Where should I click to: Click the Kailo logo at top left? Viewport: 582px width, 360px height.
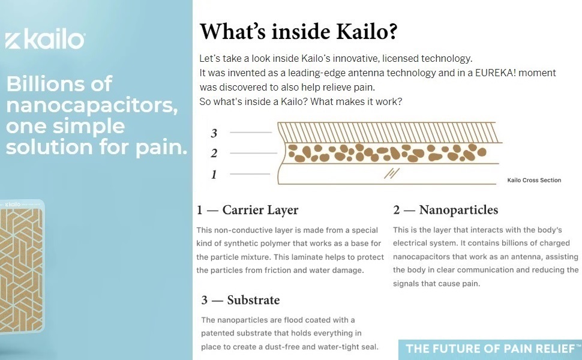45,41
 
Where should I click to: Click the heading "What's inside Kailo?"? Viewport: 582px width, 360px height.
298,32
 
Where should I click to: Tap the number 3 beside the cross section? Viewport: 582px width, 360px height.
214,133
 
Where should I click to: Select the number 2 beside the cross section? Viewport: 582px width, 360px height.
214,154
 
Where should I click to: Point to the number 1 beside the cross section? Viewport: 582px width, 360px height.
214,175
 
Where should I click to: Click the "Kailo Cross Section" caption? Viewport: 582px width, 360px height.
534,180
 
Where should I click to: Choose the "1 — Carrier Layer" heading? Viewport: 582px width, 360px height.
247,210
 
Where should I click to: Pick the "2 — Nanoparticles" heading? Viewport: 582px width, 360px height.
445,210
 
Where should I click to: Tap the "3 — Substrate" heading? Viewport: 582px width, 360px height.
241,300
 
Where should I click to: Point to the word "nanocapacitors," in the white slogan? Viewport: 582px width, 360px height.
91,106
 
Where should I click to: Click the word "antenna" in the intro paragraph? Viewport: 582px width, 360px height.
342,73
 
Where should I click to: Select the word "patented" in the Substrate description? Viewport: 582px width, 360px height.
220,333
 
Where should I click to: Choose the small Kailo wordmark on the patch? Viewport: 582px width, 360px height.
13,205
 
